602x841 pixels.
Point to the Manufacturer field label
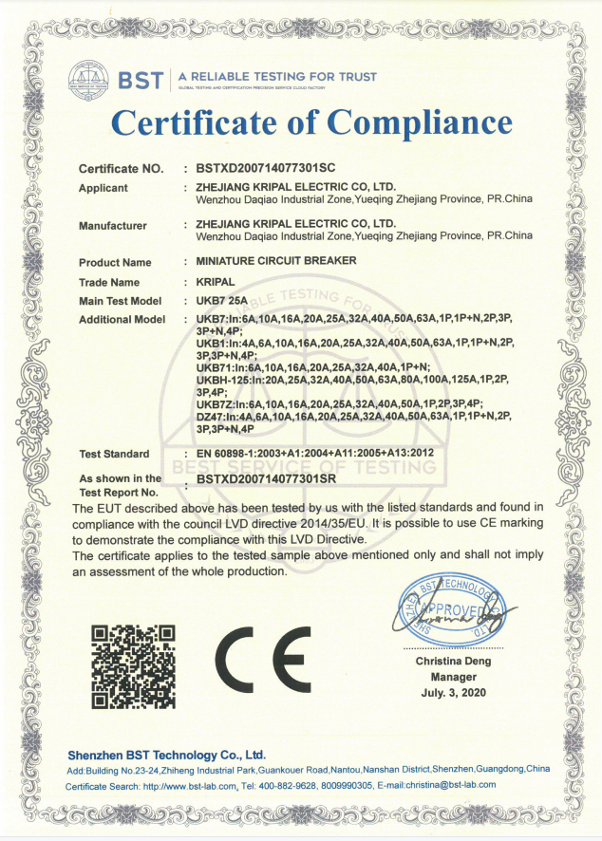(x=112, y=226)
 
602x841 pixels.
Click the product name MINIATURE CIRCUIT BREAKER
(x=263, y=262)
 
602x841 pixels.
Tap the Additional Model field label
(x=122, y=320)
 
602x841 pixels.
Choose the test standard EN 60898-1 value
(x=314, y=453)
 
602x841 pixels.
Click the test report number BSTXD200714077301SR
(x=270, y=482)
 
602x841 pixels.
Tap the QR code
(x=133, y=665)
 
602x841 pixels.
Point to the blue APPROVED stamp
(x=451, y=608)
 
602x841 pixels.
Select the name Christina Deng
(x=453, y=660)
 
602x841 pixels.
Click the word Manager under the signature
(x=453, y=677)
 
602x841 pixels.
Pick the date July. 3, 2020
(x=453, y=694)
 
